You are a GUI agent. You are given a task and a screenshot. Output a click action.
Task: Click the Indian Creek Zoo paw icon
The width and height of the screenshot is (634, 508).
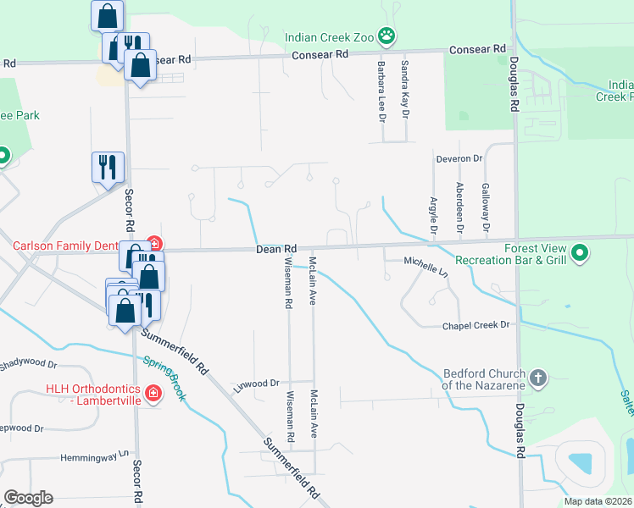pyautogui.click(x=387, y=36)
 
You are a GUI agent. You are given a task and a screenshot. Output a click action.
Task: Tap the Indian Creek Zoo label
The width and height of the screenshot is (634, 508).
pyautogui.click(x=330, y=37)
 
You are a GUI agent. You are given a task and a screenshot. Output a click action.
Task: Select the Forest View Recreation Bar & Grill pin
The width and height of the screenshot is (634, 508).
pyautogui.click(x=580, y=253)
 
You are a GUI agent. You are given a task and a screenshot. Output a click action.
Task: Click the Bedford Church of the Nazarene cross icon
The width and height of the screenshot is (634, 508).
pyautogui.click(x=537, y=378)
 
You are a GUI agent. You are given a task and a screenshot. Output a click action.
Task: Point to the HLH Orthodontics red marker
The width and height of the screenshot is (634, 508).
pyautogui.click(x=153, y=394)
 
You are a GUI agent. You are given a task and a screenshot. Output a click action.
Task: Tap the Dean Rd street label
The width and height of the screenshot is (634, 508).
pyautogui.click(x=277, y=249)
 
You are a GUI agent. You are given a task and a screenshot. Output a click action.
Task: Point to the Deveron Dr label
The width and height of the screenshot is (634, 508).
pyautogui.click(x=459, y=158)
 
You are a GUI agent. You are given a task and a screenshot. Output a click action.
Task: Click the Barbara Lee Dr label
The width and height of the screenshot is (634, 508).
pyautogui.click(x=381, y=89)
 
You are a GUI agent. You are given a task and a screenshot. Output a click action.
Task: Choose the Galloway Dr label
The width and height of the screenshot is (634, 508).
pyautogui.click(x=486, y=207)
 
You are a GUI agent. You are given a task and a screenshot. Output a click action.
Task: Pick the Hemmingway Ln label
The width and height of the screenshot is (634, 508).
pyautogui.click(x=98, y=458)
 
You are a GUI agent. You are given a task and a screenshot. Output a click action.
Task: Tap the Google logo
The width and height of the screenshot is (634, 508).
pyautogui.click(x=28, y=498)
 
